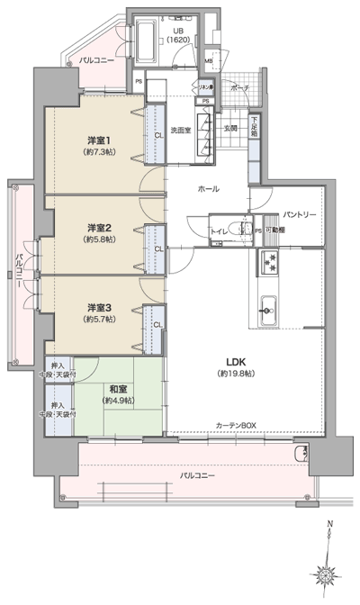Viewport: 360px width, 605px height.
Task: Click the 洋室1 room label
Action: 98,142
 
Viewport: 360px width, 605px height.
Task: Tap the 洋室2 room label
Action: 98,226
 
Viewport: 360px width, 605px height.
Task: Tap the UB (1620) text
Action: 180,36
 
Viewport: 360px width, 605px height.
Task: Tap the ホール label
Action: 209,189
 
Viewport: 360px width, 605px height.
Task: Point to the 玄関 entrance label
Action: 229,129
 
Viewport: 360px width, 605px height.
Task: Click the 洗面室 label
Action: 182,131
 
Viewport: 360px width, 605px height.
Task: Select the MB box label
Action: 209,61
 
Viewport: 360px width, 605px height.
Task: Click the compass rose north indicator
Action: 330,569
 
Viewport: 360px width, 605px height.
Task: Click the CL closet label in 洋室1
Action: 157,135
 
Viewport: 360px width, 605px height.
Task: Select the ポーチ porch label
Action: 239,88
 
